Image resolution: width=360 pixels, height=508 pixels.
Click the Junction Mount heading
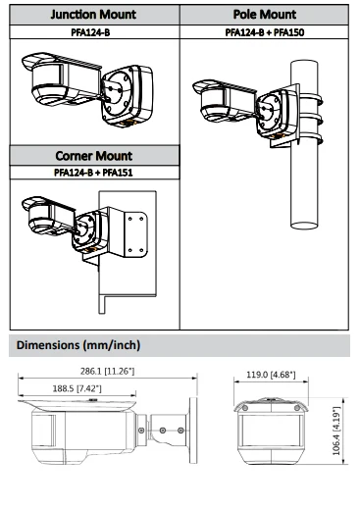point(93,15)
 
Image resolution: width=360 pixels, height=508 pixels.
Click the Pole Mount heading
point(265,15)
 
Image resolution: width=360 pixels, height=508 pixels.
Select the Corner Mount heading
point(94,156)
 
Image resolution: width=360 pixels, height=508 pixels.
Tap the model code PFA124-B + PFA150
point(265,32)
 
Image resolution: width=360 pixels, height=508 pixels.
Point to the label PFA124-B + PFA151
point(93,173)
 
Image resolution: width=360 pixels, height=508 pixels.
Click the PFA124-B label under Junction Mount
point(90,32)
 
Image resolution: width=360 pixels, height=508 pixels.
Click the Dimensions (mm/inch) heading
point(78,345)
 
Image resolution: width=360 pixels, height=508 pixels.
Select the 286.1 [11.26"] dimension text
point(107,371)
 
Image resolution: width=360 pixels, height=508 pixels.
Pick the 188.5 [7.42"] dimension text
point(77,388)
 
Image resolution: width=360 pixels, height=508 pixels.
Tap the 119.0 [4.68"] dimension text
point(271,375)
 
